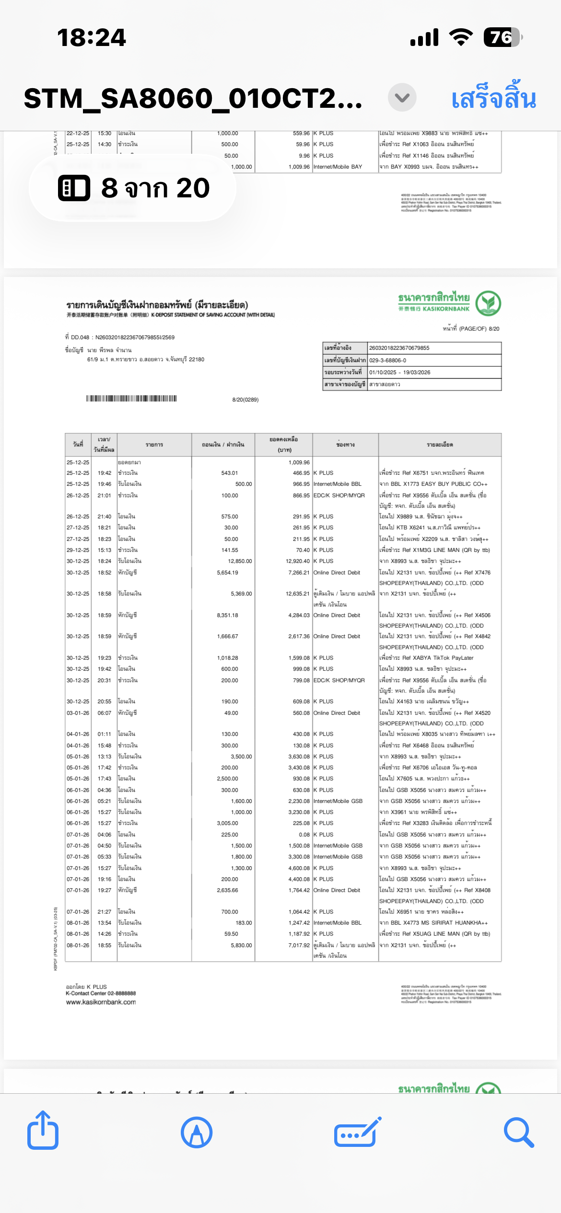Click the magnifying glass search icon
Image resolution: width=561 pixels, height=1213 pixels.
point(519,1133)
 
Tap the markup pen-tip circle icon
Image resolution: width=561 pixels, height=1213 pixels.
point(197,1133)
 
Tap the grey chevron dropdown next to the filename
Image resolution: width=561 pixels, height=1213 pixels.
point(402,97)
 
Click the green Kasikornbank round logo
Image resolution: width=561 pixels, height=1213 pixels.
point(488,303)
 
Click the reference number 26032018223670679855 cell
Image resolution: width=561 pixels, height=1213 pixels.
point(399,348)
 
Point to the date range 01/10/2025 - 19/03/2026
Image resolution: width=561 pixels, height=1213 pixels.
point(399,372)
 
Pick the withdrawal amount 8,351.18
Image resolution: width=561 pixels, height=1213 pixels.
point(227,615)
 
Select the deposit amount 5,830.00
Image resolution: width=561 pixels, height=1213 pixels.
point(241,945)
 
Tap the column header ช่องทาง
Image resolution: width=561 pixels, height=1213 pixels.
point(345,445)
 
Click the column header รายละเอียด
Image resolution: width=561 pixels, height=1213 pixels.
point(440,445)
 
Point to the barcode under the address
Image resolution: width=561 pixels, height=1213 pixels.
point(131,399)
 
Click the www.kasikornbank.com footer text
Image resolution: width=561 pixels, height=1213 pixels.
point(101,1002)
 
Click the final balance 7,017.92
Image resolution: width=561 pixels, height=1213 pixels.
point(299,945)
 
